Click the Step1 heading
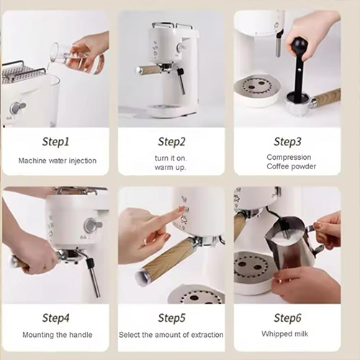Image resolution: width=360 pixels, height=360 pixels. [55, 142]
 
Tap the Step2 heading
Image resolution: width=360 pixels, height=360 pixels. [171, 142]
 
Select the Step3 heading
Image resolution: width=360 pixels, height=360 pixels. [287, 142]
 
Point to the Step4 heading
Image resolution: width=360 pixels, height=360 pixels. [55, 318]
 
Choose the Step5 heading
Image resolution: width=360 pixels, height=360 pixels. [171, 318]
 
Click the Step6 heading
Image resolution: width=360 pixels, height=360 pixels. [287, 318]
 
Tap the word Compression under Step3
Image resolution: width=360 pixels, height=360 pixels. [289, 157]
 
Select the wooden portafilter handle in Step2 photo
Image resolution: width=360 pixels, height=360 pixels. [148, 70]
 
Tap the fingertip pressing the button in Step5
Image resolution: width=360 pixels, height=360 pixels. [181, 210]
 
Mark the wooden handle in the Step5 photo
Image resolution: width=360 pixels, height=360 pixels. [166, 261]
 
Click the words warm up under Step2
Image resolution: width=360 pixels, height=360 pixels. [170, 167]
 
